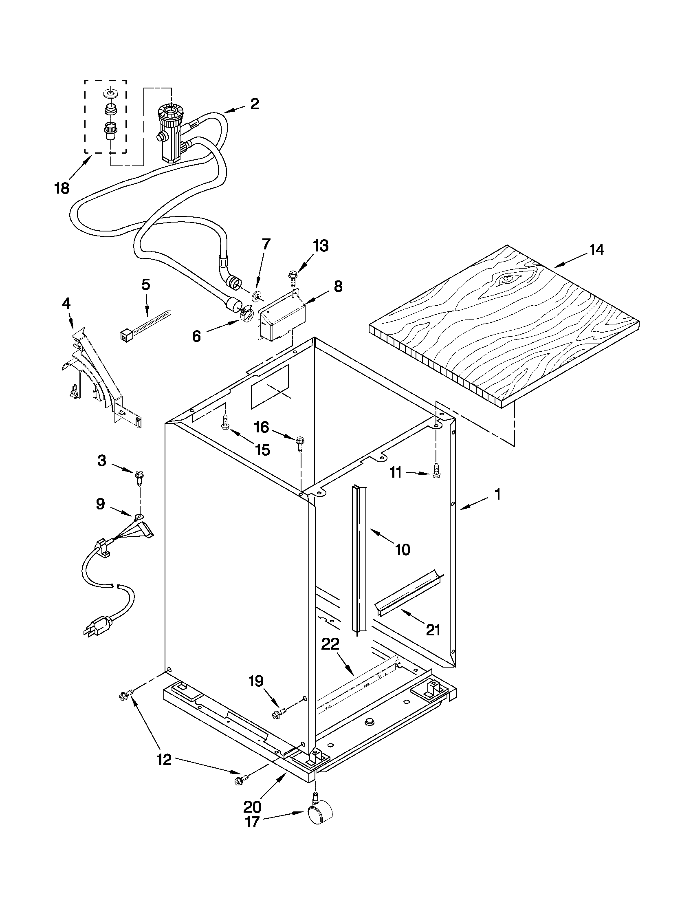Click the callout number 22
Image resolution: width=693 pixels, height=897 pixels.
330,644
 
